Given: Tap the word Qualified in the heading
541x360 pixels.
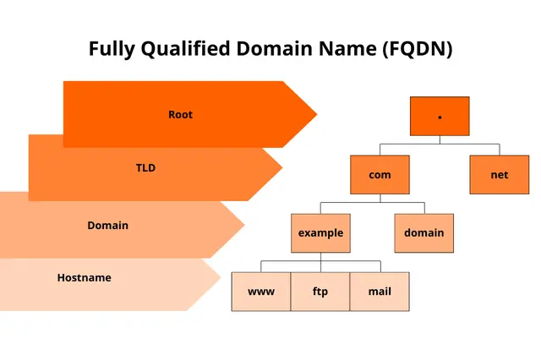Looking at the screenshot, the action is pos(186,49).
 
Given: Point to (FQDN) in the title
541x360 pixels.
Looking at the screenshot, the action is pos(417,49).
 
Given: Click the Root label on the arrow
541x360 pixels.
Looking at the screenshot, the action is pos(180,114).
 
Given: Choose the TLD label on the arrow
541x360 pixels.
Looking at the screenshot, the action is pos(145,168).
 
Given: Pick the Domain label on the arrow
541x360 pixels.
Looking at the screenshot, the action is pos(107,225).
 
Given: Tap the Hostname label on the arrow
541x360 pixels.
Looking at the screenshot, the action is pos(85,277).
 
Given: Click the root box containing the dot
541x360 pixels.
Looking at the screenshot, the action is pos(440,117).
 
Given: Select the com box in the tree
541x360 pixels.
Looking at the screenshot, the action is pos(380,175).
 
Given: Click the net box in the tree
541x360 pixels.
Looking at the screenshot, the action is pos(500,175).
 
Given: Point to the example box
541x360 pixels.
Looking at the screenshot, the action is pos(320,233).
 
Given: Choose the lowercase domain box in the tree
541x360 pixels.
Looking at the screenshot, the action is pos(424,233).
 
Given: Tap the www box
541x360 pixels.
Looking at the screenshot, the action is pos(261,292).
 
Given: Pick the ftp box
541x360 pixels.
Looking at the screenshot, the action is pos(320,292).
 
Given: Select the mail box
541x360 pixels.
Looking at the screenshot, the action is pos(380,292).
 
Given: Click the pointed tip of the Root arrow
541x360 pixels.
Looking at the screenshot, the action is pos(317,114).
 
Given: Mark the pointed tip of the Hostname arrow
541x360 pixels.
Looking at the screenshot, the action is pos(221,276).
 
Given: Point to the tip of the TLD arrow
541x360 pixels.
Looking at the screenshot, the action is pos(282,168).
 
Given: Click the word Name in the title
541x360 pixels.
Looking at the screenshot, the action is pos(347,48).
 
